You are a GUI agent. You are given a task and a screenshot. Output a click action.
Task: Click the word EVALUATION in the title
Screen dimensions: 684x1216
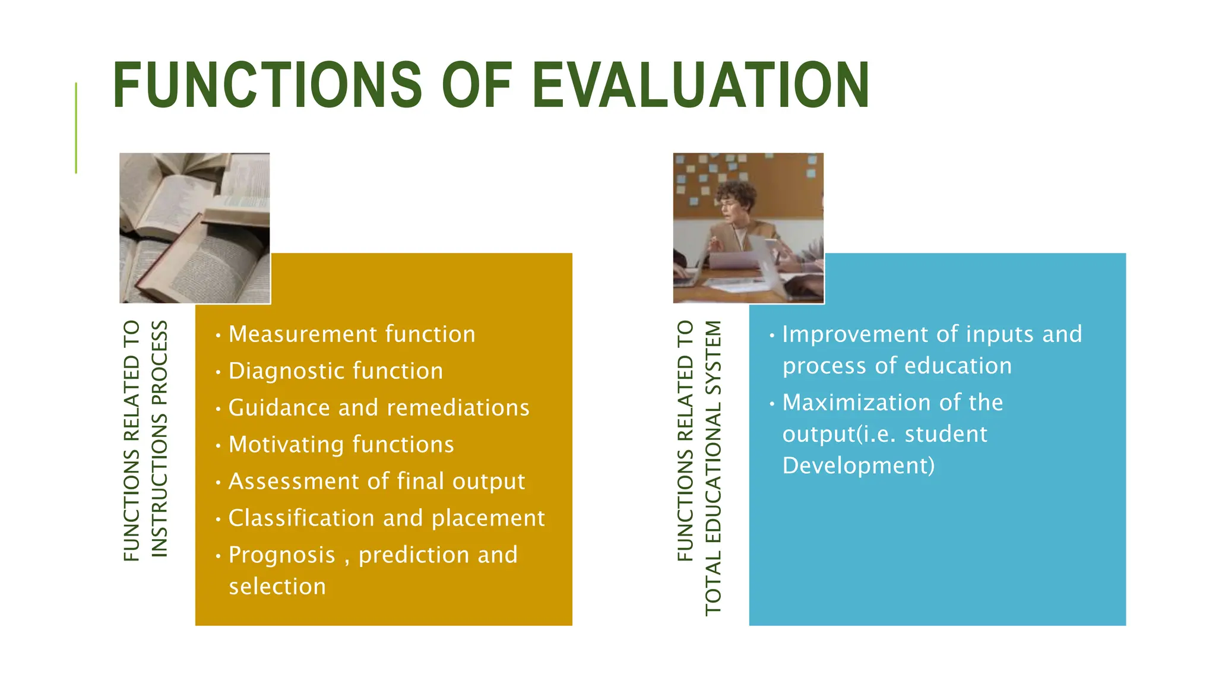click(701, 85)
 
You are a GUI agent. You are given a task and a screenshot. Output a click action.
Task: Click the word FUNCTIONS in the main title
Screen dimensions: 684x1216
click(267, 85)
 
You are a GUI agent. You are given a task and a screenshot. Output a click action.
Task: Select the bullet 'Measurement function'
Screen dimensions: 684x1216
click(351, 334)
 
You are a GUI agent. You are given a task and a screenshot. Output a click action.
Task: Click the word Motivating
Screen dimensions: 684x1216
click(290, 445)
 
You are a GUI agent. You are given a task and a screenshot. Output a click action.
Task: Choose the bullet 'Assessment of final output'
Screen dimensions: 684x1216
click(376, 482)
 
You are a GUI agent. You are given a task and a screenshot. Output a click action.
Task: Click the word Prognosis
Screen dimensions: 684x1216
click(282, 555)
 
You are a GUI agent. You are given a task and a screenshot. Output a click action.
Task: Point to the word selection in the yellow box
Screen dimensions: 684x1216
click(277, 587)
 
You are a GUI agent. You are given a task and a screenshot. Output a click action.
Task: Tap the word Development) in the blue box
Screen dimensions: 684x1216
click(858, 465)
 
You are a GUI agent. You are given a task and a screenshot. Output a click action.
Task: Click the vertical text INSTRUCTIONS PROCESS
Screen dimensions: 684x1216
click(159, 439)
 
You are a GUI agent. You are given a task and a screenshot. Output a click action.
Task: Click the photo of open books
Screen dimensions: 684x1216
click(195, 228)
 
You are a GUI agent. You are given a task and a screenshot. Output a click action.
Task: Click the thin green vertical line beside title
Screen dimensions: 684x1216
click(76, 128)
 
